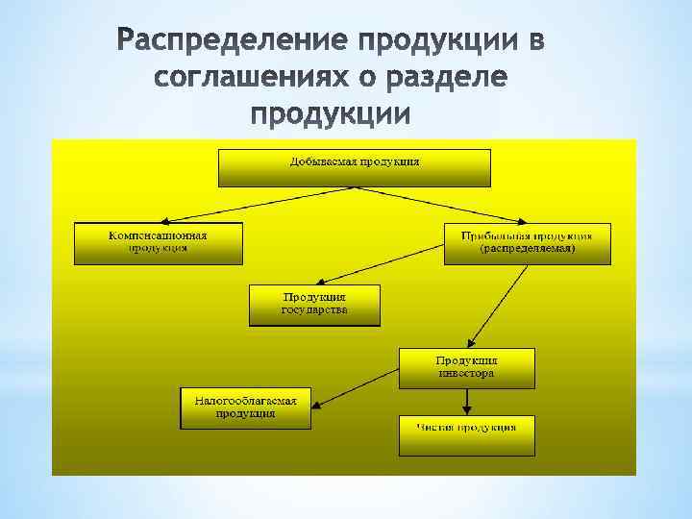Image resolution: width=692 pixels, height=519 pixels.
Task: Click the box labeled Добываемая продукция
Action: point(355,167)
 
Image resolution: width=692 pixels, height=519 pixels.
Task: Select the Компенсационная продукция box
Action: point(159,243)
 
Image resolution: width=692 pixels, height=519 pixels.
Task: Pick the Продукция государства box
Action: point(314,306)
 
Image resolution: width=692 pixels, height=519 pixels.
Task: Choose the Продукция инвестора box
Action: point(466,368)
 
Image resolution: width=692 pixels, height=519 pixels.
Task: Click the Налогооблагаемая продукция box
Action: point(245,408)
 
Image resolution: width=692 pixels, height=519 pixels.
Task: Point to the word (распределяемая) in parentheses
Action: point(528,248)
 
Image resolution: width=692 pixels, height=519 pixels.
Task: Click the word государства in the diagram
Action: point(314,310)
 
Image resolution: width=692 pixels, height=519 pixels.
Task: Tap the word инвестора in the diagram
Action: point(466,373)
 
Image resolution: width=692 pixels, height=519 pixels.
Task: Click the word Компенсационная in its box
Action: point(159,235)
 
